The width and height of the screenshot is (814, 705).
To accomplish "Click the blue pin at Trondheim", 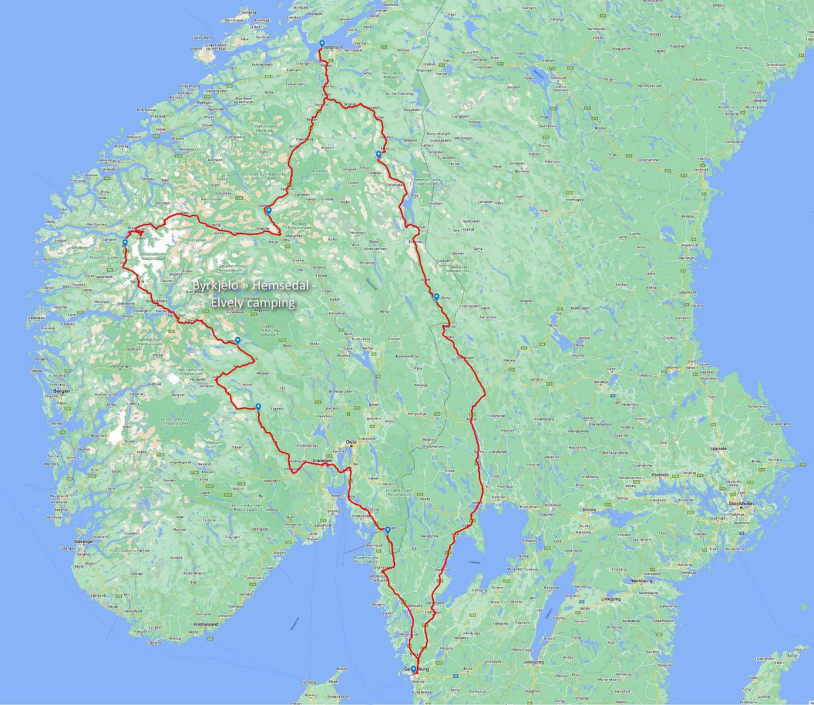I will click(x=322, y=44).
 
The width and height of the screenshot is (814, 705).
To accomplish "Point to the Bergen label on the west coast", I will click(x=62, y=391).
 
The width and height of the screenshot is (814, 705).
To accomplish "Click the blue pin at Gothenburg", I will click(x=413, y=669).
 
